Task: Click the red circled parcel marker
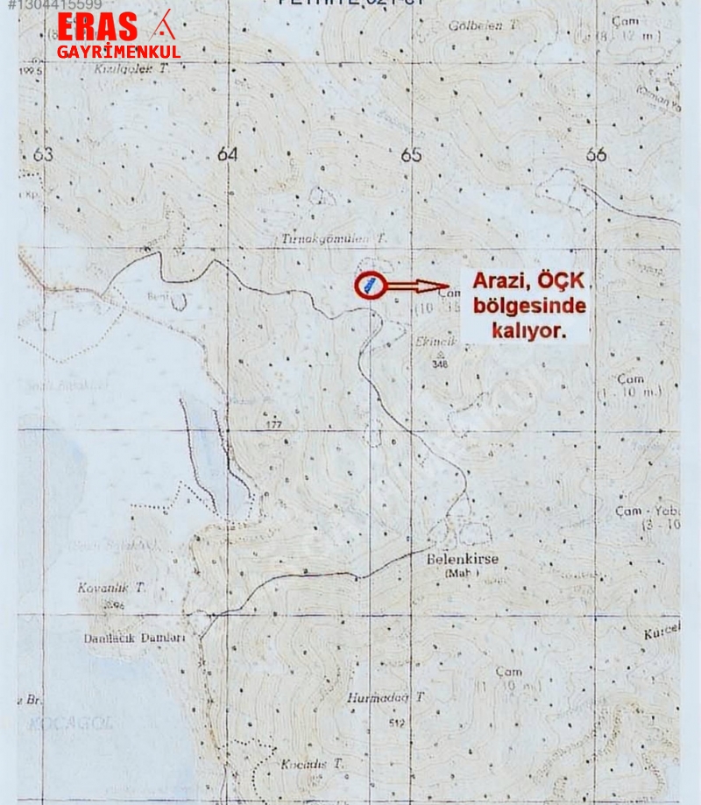pos(369,286)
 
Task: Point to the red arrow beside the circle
pos(416,286)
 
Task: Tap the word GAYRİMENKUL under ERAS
pos(118,52)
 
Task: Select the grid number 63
pos(42,155)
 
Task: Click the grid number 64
pos(227,155)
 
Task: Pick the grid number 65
pos(411,155)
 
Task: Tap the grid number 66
pos(595,155)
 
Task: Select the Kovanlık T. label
pos(110,588)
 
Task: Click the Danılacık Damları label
pos(134,638)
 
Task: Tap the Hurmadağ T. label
pos(385,698)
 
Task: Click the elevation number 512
pos(397,723)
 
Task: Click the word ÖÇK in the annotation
pos(565,282)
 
